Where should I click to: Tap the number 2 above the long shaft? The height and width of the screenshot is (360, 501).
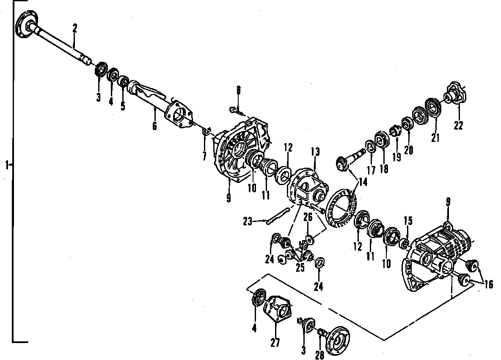pyautogui.click(x=75, y=29)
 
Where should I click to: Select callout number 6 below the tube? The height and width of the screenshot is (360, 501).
pyautogui.click(x=154, y=125)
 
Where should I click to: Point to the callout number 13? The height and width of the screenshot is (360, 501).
pyautogui.click(x=315, y=152)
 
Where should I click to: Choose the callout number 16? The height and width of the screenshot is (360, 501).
pyautogui.click(x=489, y=285)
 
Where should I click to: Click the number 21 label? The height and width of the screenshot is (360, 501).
pyautogui.click(x=435, y=138)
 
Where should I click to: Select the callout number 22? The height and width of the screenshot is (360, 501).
pyautogui.click(x=458, y=125)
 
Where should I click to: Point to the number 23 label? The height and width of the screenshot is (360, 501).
pyautogui.click(x=248, y=221)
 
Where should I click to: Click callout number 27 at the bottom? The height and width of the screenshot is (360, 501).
pyautogui.click(x=275, y=343)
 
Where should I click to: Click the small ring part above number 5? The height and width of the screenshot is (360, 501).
pyautogui.click(x=123, y=80)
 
